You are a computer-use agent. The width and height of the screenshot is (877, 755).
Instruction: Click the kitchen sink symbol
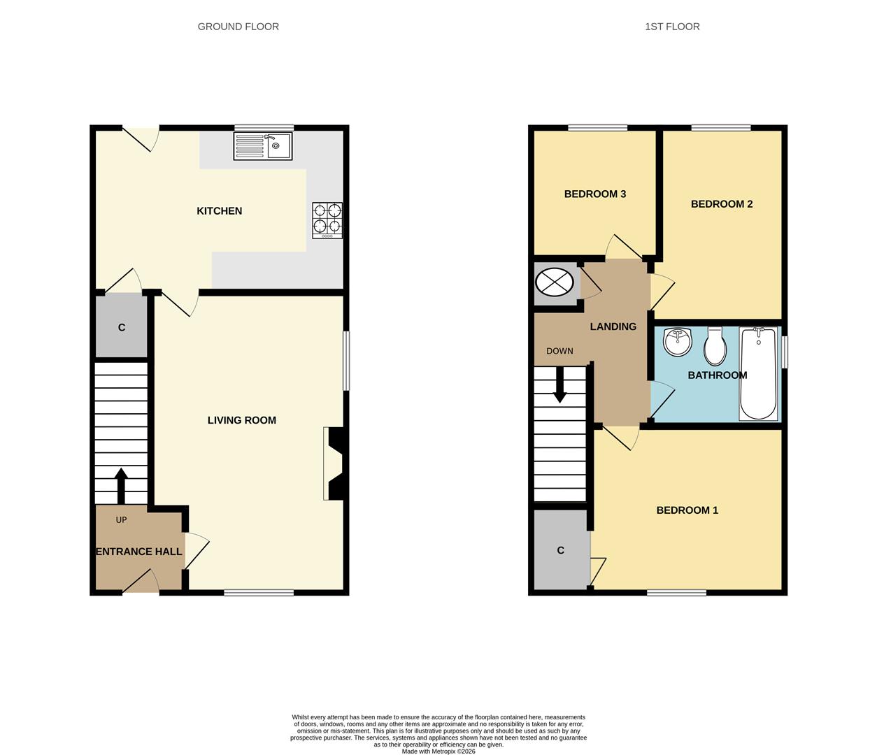coord(264,146)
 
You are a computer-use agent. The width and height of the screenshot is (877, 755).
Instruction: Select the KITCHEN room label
coord(219,211)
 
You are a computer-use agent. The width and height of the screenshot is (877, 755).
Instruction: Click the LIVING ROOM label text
coord(241,420)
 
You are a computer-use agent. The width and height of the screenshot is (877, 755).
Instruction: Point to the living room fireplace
coord(334,463)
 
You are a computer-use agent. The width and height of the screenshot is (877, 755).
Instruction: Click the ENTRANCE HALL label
coord(138,552)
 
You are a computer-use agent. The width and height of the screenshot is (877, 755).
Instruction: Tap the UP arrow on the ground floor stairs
coord(120,484)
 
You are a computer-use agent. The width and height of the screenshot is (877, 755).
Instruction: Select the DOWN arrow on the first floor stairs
coord(559,385)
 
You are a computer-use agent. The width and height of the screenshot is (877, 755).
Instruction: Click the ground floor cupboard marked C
coord(122,327)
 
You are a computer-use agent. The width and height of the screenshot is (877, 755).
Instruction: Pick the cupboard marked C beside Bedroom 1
coord(561,550)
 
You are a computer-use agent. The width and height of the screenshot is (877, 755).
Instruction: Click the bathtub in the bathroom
coord(759,373)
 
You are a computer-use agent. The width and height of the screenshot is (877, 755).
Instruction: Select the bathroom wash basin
coord(677,342)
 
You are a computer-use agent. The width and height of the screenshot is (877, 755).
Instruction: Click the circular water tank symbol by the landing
coord(554,283)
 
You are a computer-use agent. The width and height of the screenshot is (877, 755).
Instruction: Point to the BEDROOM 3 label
coord(594,194)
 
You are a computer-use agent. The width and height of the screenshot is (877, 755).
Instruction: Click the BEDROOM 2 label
coord(721,204)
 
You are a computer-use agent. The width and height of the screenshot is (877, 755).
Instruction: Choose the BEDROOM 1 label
coord(687,510)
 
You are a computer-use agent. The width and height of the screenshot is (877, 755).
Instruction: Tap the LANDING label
coord(613,326)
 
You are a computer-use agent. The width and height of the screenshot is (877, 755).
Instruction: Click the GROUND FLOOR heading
coord(238,27)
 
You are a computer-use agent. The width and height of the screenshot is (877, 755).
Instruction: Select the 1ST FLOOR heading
coord(671,27)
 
